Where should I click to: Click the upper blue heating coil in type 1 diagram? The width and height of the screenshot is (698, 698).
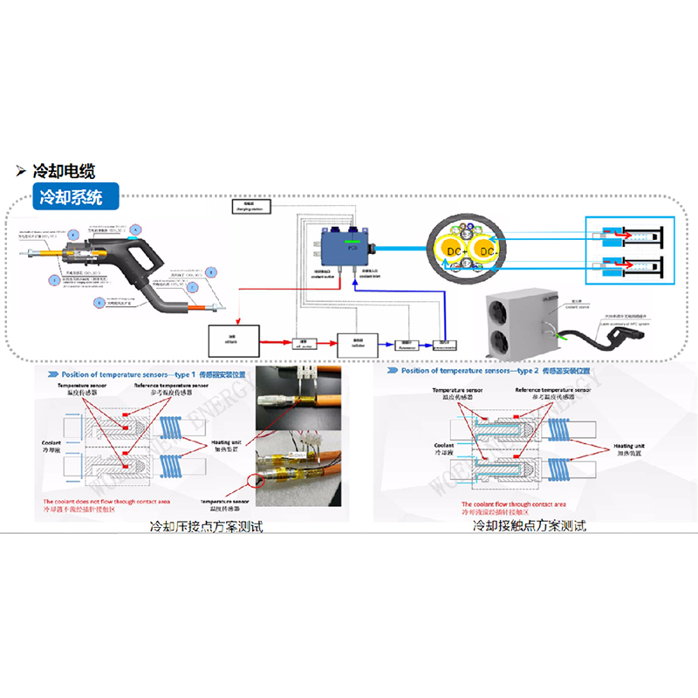pyautogui.click(x=174, y=425)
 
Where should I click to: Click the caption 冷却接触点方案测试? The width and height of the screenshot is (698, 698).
pyautogui.click(x=530, y=526)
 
